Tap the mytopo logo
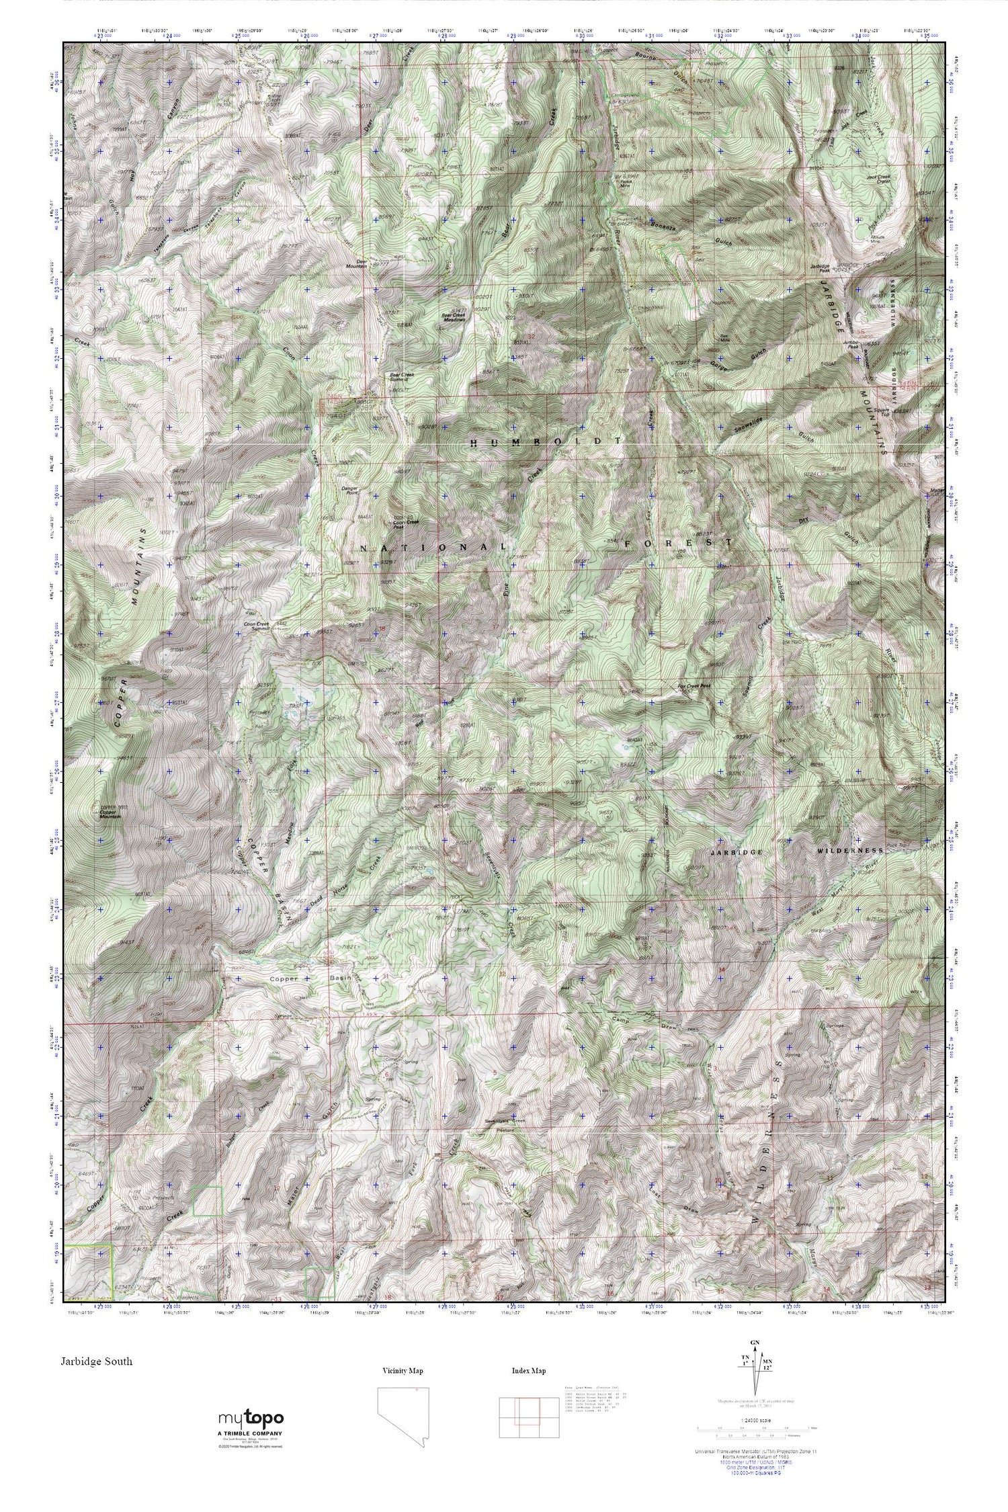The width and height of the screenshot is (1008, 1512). pyautogui.click(x=250, y=1419)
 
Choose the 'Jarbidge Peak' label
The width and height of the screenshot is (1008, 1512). pyautogui.click(x=821, y=267)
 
